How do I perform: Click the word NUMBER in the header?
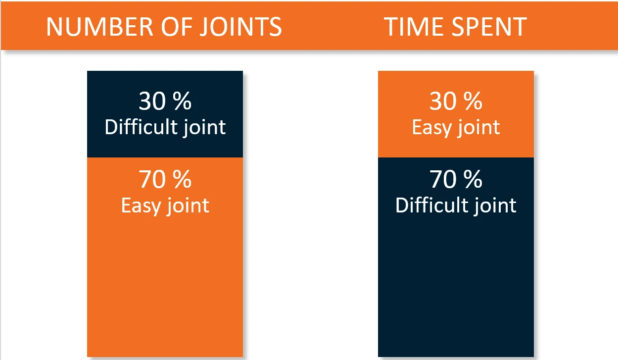(99, 27)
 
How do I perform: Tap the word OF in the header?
(177, 27)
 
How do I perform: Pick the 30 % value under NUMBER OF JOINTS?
(165, 101)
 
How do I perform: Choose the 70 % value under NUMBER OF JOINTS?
(165, 179)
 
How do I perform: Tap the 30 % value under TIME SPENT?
(456, 101)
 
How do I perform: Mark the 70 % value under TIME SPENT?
(456, 179)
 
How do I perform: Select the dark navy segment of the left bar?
(165, 114)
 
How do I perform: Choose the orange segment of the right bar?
(456, 114)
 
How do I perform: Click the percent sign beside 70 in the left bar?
(183, 179)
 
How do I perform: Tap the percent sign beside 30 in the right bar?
(473, 101)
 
